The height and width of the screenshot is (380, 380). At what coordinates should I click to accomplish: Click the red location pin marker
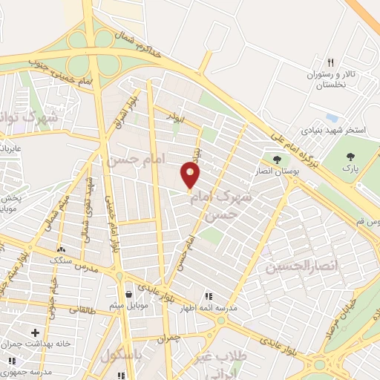191,175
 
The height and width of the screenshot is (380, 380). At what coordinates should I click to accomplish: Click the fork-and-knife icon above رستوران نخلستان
331,63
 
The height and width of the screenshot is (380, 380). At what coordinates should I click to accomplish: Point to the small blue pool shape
332,118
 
